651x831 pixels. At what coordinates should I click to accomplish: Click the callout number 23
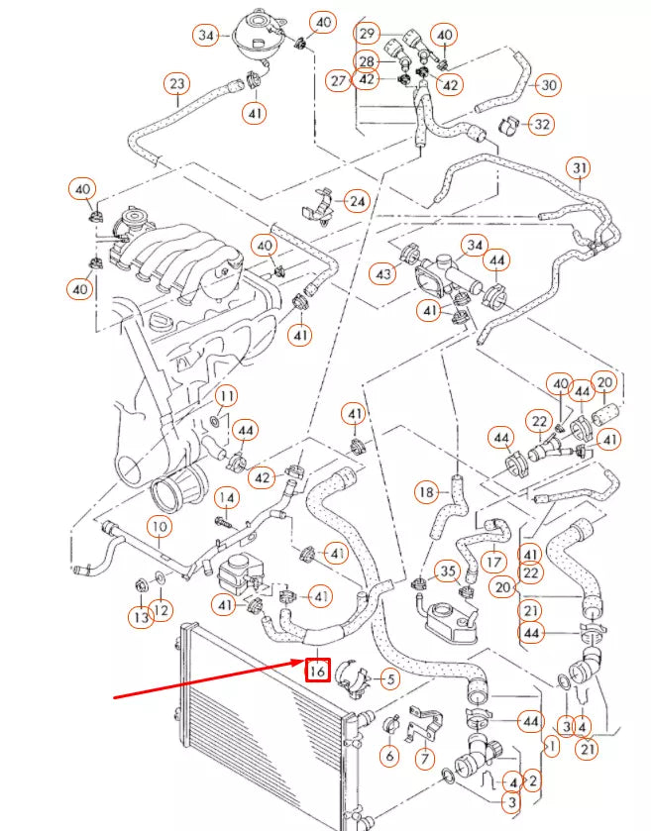tap(176, 83)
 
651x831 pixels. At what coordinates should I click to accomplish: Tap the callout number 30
tap(549, 85)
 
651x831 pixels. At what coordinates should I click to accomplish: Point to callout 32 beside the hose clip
tap(541, 125)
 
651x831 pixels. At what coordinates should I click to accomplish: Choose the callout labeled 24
tap(356, 201)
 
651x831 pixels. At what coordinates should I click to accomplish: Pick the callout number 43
tap(382, 272)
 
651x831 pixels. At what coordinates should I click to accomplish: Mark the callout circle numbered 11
tap(227, 397)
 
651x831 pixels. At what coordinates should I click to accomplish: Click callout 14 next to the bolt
tap(227, 496)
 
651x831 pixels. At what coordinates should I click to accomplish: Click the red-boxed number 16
tap(317, 672)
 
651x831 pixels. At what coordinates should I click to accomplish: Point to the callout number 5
tap(389, 679)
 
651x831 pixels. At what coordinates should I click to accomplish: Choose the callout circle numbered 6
tap(388, 756)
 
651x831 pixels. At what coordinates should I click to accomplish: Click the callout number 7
tap(425, 760)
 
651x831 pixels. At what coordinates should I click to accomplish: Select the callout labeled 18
tap(425, 490)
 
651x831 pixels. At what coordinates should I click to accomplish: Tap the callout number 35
tap(448, 571)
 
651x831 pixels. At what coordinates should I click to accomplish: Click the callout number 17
tap(493, 562)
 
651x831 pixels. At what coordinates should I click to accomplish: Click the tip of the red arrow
tap(305, 661)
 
